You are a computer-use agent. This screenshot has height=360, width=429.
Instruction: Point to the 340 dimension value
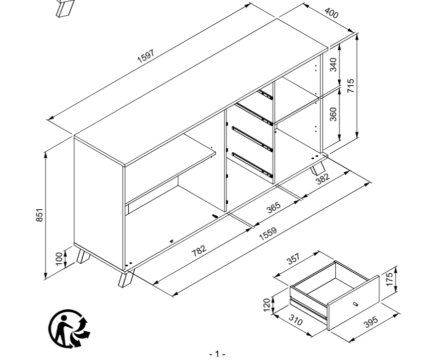click(x=333, y=65)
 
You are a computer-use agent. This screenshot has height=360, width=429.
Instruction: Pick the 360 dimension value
click(x=333, y=114)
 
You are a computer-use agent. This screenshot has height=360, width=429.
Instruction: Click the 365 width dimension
click(x=273, y=207)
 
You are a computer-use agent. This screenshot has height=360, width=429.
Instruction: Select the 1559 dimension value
click(x=268, y=235)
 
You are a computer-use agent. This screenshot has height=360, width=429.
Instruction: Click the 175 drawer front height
click(x=389, y=278)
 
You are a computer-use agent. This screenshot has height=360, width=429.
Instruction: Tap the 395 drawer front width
click(x=371, y=322)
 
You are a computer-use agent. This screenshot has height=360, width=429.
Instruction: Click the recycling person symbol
click(x=69, y=327)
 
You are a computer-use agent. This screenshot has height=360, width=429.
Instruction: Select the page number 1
click(x=217, y=354)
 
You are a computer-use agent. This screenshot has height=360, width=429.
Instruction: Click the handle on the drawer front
click(x=355, y=303)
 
